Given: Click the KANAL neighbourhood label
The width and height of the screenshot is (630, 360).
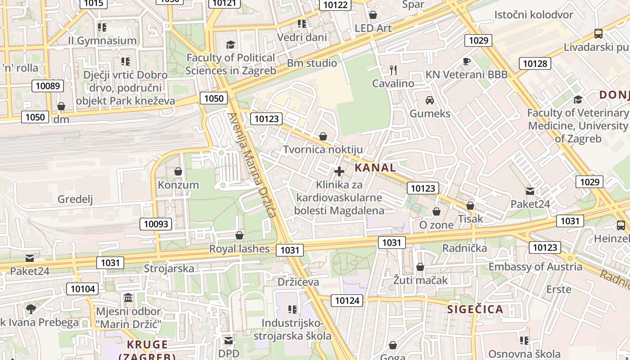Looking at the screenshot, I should click(x=375, y=168).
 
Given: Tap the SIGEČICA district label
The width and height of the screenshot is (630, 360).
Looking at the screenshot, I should click(x=475, y=309).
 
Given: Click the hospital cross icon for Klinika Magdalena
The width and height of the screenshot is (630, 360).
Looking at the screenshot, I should click(x=339, y=171).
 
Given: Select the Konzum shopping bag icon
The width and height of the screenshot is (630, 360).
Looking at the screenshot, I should click(x=178, y=171).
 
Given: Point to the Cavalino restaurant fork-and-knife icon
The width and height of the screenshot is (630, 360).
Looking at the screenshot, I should click(x=393, y=70).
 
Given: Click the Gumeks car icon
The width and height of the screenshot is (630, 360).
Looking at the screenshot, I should click(x=430, y=100).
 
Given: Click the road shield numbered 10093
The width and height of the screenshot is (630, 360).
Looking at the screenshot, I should click(x=156, y=224).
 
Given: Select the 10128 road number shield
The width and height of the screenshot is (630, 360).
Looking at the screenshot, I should click(x=535, y=63).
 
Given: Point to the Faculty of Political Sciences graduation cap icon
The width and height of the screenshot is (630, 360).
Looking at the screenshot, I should click(x=230, y=45).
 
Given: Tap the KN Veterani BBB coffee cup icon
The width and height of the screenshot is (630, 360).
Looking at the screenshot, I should click(x=466, y=61).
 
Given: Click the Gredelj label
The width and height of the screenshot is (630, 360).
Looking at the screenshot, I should click(x=75, y=199).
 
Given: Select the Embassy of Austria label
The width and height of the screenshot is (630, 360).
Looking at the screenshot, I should click(x=535, y=266).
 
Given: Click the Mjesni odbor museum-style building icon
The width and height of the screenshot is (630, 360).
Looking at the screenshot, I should click(x=128, y=297).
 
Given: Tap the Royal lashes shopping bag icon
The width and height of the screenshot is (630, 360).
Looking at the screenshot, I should click(x=239, y=235).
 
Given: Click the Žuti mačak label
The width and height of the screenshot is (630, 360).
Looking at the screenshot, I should click(x=420, y=280).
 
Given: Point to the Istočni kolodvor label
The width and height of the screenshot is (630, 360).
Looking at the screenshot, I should click(x=533, y=14).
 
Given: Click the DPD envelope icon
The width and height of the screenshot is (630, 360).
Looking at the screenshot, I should click(x=229, y=341).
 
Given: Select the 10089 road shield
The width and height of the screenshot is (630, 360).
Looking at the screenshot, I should click(x=47, y=86).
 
